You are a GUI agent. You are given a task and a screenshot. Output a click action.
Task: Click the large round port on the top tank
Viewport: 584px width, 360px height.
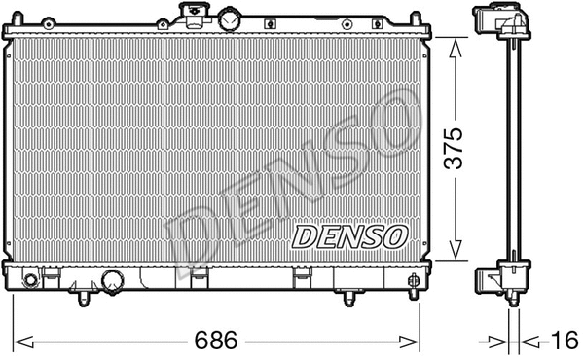pyautogui.click(x=230, y=18)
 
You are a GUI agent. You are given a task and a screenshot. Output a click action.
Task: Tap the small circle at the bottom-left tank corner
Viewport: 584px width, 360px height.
pyautogui.click(x=30, y=281)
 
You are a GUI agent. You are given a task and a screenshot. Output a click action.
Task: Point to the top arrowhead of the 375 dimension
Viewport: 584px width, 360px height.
pyautogui.click(x=455, y=44)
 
